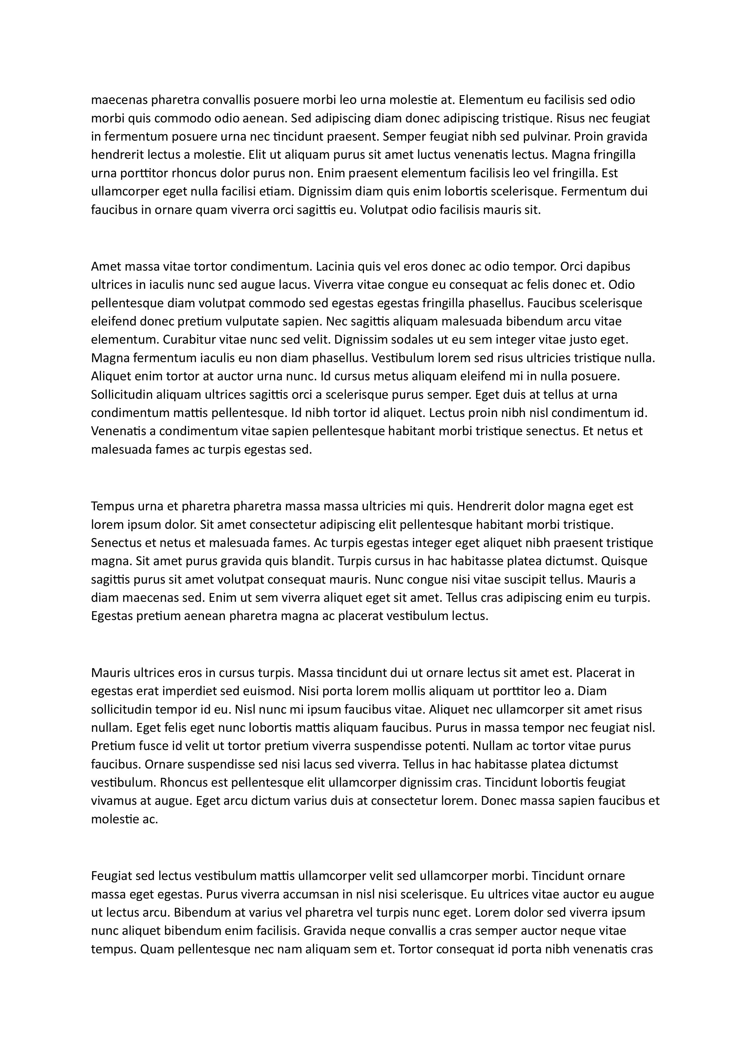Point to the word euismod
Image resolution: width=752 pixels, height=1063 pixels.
click(x=269, y=691)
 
